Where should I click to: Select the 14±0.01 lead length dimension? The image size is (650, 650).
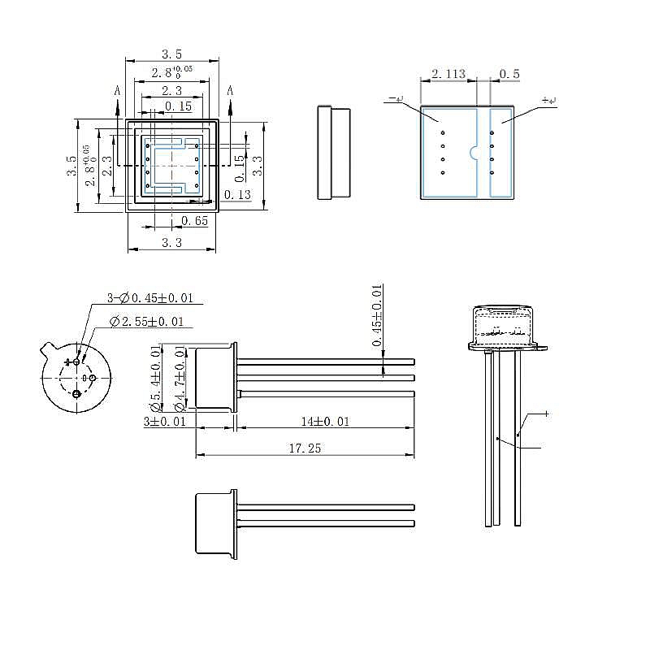(x=324, y=421)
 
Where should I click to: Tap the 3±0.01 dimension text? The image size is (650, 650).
(x=165, y=421)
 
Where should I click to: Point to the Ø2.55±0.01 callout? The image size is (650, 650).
(x=146, y=322)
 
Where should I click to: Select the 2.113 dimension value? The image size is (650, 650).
(x=448, y=74)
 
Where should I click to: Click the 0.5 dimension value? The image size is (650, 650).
(x=509, y=74)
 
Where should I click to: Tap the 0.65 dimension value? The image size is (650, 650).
(x=194, y=220)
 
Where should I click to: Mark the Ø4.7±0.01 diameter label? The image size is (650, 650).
(x=180, y=378)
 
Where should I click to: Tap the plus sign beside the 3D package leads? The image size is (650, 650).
(x=546, y=414)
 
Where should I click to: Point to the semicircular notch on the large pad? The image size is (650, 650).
(x=473, y=152)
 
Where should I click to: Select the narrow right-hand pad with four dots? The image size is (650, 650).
(x=501, y=153)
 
